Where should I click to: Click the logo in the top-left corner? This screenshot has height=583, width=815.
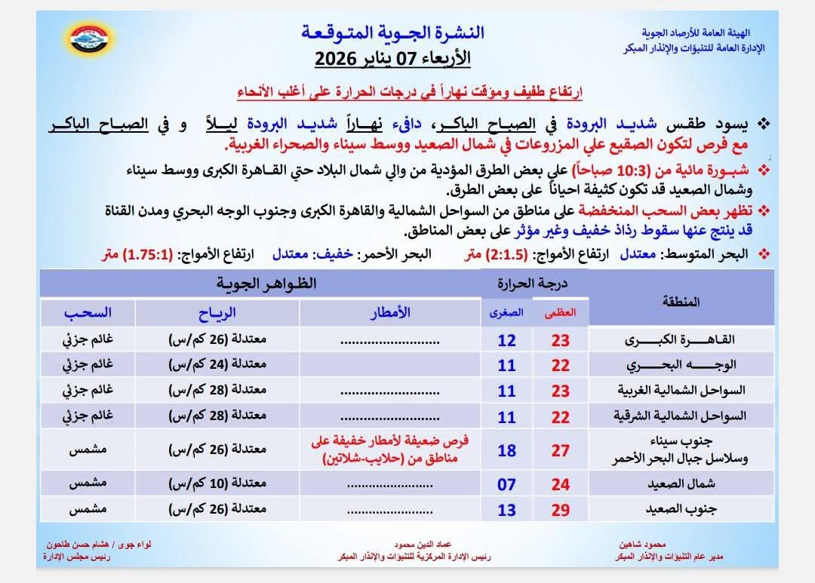[88, 38]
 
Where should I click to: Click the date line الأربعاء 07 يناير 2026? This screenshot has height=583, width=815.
[392, 57]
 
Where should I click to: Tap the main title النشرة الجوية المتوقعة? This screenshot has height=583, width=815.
[392, 32]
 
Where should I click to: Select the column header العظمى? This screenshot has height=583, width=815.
[560, 317]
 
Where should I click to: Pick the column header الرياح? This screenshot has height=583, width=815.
[217, 313]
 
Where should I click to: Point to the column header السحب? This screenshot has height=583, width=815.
[88, 313]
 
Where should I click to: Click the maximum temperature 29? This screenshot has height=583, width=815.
[560, 510]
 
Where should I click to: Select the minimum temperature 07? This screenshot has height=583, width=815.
[506, 485]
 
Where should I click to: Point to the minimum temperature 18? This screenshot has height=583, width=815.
[506, 450]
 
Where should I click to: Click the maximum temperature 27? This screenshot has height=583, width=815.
[560, 450]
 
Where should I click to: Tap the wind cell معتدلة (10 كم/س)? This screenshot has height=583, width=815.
[217, 484]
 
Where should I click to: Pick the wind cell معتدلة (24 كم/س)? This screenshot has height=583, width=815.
[217, 366]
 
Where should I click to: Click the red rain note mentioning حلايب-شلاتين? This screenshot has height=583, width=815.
[391, 450]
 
